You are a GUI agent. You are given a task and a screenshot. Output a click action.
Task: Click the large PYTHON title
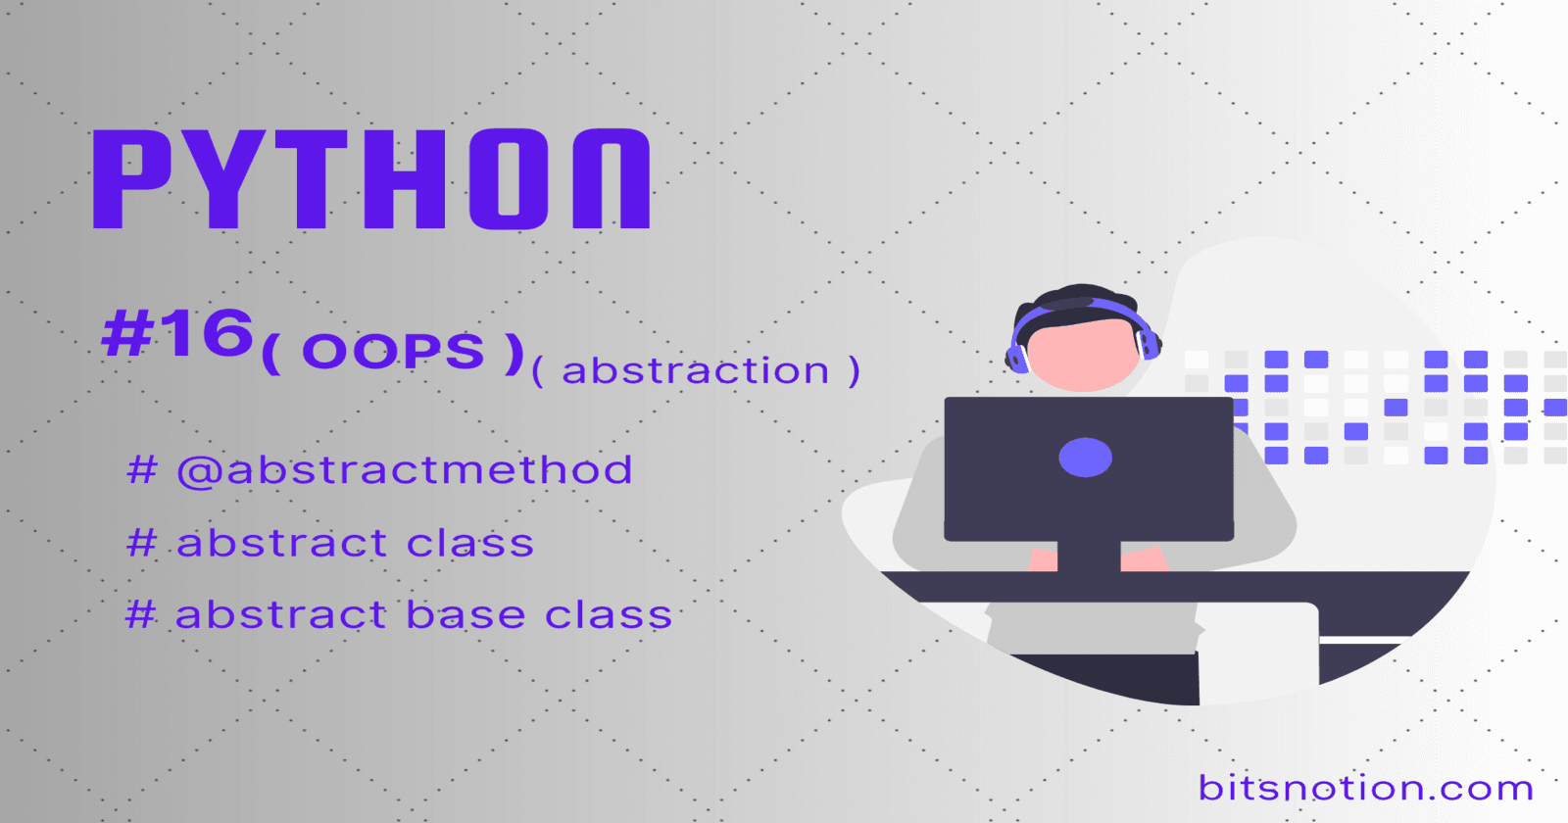tap(371, 179)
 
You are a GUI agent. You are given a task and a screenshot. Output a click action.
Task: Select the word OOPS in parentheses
tap(393, 352)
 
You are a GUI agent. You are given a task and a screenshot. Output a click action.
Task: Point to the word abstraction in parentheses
tap(695, 370)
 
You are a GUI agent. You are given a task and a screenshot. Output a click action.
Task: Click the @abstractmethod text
tap(405, 470)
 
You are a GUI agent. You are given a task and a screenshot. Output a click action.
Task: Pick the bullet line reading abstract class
tap(329, 543)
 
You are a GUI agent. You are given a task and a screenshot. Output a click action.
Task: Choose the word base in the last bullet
tap(465, 615)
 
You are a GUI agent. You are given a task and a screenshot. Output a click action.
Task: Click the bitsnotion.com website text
tap(1365, 788)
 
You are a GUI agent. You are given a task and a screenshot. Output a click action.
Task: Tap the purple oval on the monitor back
tap(1085, 458)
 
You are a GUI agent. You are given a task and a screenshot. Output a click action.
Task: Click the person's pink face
tap(1082, 354)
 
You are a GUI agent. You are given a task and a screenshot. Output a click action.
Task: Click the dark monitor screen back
tap(1089, 469)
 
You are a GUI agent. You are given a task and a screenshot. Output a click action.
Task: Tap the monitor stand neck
tap(1089, 557)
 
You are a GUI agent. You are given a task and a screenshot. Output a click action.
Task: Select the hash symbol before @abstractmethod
tap(141, 469)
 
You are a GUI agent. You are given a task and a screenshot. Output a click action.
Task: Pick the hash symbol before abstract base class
tap(141, 615)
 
